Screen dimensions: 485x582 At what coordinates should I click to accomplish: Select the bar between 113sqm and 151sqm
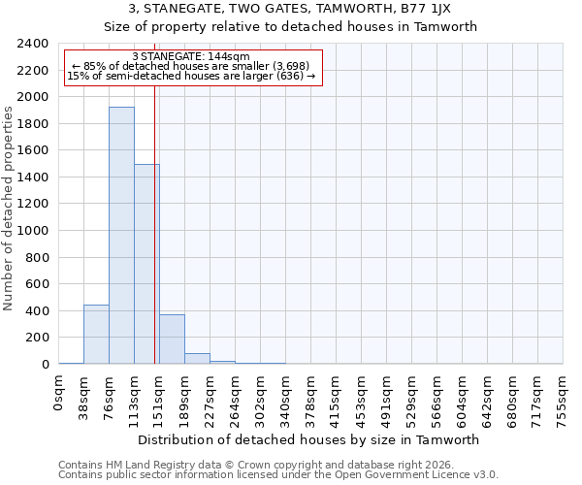146,264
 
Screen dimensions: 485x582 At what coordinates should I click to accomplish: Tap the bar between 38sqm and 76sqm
96,335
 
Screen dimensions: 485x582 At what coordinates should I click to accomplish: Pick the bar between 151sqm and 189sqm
172,339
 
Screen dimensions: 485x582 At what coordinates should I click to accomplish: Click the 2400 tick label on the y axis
33,44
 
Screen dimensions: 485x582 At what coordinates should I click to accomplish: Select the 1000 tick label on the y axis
33,231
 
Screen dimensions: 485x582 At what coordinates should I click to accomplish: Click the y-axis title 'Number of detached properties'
9,204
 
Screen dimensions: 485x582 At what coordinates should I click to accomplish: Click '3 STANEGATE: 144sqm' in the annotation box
191,56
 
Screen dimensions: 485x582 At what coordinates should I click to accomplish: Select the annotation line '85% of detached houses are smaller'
191,66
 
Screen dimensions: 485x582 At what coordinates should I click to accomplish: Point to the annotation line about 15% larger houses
191,76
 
